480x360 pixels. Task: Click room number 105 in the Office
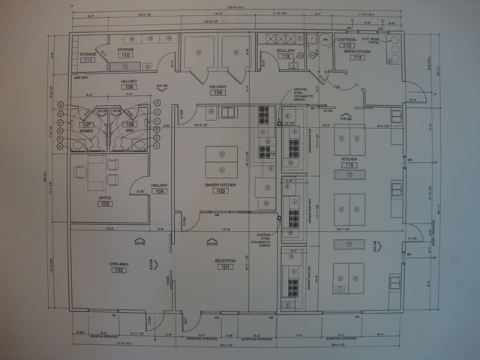click(104, 204)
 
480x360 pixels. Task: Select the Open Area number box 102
click(118, 270)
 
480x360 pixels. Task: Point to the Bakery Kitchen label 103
click(220, 191)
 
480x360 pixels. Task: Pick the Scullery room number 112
click(285, 56)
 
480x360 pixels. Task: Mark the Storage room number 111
click(88, 59)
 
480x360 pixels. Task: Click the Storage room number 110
click(125, 55)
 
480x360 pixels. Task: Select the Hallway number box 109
click(218, 93)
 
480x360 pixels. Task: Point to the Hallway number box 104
click(160, 192)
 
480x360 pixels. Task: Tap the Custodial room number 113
click(346, 46)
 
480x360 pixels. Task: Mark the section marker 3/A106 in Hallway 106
click(161, 87)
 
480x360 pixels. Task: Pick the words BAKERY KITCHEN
click(220, 184)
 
